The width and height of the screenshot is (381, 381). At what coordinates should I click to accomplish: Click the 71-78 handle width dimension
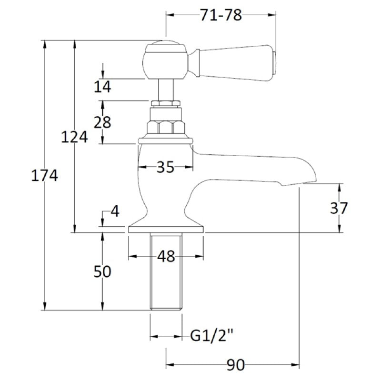point(221,15)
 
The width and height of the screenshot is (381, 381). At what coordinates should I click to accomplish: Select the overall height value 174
point(44,175)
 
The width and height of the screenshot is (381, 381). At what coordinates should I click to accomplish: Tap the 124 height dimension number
point(74,137)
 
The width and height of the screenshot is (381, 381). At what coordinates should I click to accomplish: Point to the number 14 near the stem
point(102,87)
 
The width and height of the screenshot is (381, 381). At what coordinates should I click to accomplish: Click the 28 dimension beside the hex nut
point(102,122)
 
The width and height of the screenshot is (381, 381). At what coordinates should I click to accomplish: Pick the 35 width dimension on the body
point(165,167)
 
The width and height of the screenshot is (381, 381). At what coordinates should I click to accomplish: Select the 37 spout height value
point(339,208)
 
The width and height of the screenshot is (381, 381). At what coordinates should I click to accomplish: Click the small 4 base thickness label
point(115,211)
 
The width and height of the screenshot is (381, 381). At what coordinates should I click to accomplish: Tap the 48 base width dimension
point(166,256)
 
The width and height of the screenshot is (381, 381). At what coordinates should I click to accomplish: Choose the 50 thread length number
point(102,271)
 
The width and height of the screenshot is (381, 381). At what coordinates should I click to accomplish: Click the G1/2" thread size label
point(211,336)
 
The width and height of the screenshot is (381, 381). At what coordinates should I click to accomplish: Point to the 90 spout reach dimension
point(236,365)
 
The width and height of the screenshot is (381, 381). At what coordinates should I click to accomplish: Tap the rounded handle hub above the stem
point(165,60)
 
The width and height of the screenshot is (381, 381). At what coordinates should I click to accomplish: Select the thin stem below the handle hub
point(166,90)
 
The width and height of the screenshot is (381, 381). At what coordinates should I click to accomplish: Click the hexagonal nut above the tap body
point(166,128)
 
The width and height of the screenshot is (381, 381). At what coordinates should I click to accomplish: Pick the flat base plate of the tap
point(166,230)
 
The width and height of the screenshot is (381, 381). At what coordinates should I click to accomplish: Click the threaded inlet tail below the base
point(166,271)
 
